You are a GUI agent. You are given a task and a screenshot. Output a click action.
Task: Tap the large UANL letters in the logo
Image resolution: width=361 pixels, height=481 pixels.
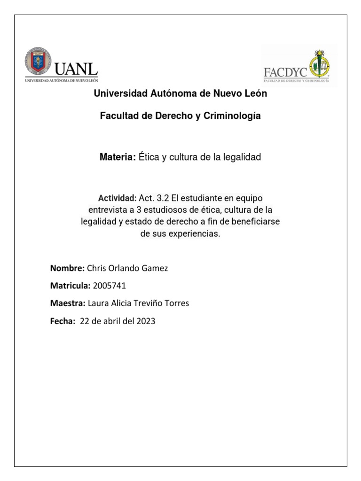[x=77, y=69]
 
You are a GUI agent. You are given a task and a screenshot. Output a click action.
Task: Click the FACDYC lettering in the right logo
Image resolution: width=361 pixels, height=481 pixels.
[x=285, y=73]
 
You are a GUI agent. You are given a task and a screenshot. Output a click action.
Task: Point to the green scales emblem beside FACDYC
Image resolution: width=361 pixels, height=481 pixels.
[x=319, y=65]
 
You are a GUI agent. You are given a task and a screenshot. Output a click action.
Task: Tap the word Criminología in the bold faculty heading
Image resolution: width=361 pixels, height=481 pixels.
[x=235, y=116]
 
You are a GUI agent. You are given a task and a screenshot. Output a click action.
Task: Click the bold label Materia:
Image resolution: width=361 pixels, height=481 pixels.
[x=118, y=157]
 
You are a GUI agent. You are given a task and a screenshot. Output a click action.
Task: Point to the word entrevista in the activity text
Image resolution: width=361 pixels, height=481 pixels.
[x=107, y=209]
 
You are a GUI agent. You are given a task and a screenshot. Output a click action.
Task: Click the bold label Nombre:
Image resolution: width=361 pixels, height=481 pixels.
[x=67, y=268]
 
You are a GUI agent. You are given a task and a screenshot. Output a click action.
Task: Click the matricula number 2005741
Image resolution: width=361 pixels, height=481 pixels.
[x=110, y=286]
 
